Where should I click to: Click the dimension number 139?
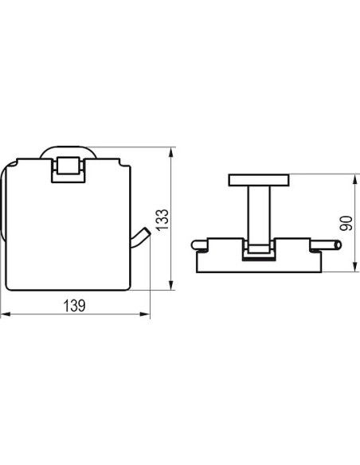(x=74, y=306)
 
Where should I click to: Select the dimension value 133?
(x=162, y=220)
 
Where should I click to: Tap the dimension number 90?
(x=346, y=223)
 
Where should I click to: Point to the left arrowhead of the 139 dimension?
(x=6, y=314)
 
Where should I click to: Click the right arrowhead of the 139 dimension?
(x=145, y=314)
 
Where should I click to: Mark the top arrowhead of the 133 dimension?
(x=170, y=152)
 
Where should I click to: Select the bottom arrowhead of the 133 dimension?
(x=170, y=285)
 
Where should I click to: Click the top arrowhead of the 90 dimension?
(x=355, y=179)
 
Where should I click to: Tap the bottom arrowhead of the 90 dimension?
(x=355, y=267)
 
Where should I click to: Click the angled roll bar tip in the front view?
(x=147, y=232)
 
